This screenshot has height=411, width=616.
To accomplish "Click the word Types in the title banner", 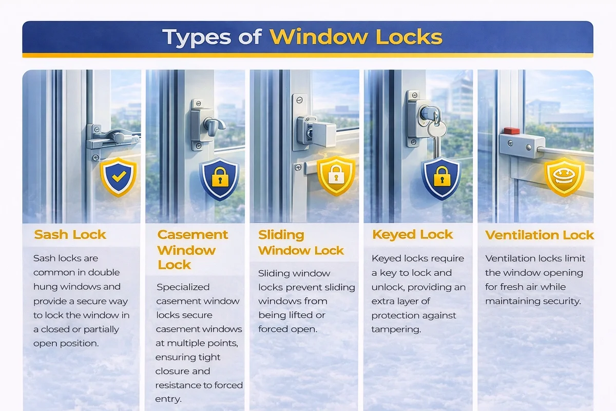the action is click(197, 37).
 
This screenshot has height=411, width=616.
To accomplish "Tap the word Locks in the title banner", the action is click(409, 36).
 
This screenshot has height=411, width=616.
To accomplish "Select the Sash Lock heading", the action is click(70, 235).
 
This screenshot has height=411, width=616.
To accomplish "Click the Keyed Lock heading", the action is click(412, 235).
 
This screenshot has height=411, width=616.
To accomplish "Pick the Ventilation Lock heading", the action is click(540, 235).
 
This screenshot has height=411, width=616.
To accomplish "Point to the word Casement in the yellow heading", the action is click(192, 235).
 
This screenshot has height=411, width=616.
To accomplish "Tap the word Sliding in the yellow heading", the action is click(281, 235).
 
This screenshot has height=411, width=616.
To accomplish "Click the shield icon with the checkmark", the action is click(119, 177).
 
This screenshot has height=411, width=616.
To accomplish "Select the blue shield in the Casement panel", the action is click(220, 179).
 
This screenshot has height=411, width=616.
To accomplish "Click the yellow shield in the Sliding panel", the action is click(336, 176).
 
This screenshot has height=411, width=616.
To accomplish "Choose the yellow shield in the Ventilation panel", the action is click(564, 177).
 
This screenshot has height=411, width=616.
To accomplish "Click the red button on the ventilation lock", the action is click(512, 131).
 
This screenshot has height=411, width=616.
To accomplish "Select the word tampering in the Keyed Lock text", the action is click(396, 329).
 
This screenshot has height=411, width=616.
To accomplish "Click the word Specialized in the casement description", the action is click(183, 287).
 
